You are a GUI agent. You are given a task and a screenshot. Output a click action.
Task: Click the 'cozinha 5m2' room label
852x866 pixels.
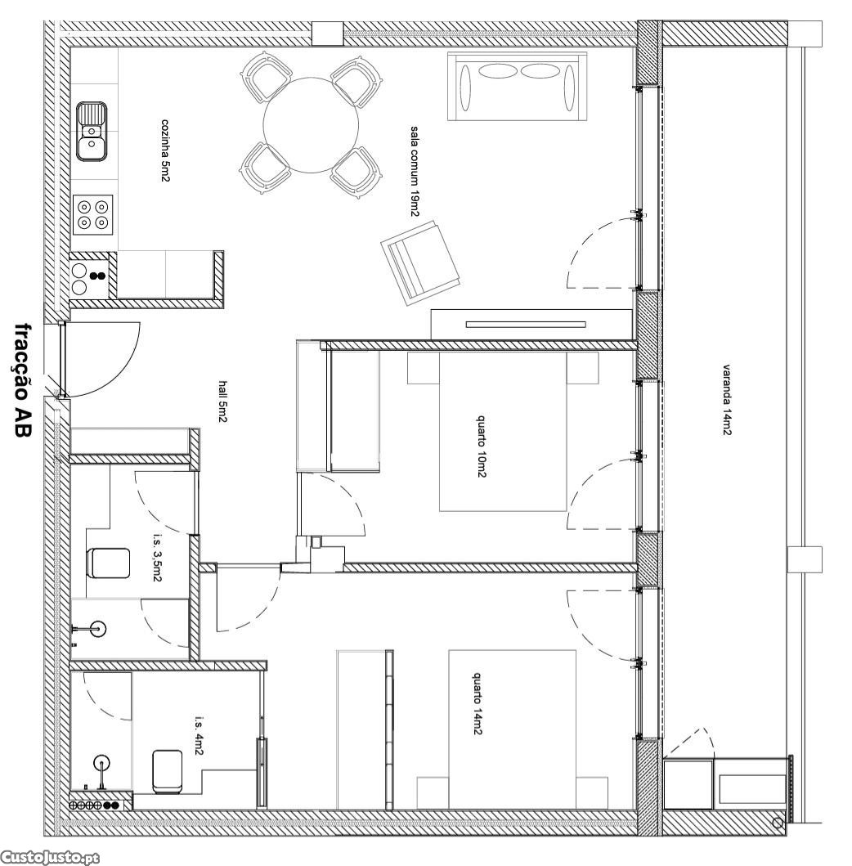click(x=164, y=150)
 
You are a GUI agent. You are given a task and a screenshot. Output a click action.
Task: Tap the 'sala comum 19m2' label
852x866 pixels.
click(x=415, y=172)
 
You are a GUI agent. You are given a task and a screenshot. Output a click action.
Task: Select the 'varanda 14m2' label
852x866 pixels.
click(x=727, y=399)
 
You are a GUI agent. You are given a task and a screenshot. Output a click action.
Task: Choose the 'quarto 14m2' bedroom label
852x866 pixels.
click(x=478, y=703)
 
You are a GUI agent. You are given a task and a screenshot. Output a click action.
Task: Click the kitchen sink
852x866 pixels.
click(x=91, y=132)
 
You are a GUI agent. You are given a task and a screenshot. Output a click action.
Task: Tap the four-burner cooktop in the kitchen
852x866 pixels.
click(x=92, y=214)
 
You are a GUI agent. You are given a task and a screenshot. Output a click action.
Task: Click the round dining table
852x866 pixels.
click(x=312, y=125)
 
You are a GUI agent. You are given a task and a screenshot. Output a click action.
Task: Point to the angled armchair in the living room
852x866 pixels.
click(x=421, y=262)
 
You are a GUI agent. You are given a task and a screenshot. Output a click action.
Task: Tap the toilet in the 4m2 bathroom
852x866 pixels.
click(x=168, y=772)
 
